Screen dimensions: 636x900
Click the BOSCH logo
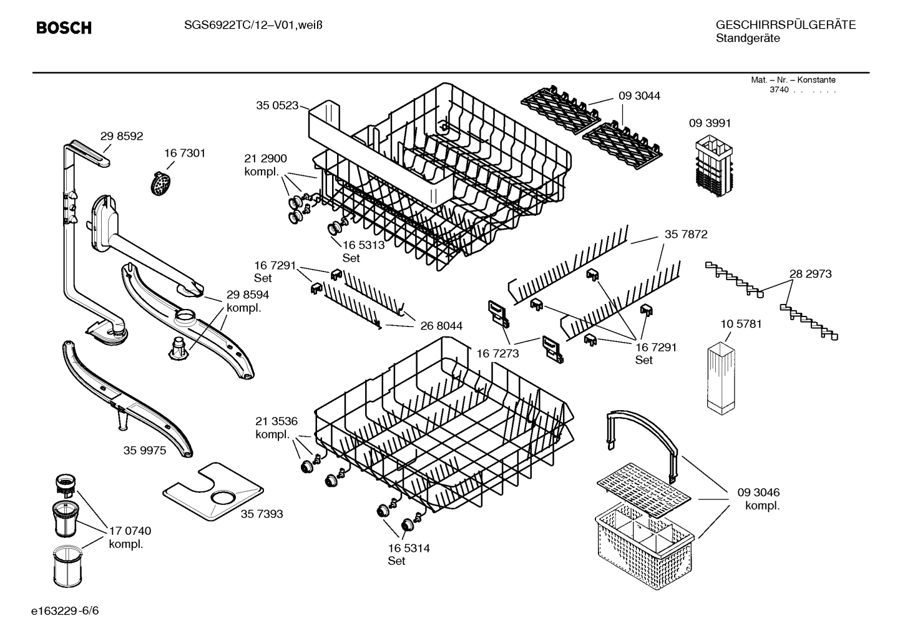pyautogui.click(x=64, y=28)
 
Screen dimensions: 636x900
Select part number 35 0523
pyautogui.click(x=277, y=105)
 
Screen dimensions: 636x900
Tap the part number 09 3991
pyautogui.click(x=710, y=123)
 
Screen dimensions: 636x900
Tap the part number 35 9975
pyautogui.click(x=145, y=450)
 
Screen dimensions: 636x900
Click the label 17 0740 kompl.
pyautogui.click(x=130, y=537)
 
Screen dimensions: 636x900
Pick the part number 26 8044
pyautogui.click(x=441, y=326)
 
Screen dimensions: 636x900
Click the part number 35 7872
pyautogui.click(x=686, y=234)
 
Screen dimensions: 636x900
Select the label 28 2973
pyautogui.click(x=810, y=273)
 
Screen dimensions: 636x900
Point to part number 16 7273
pyautogui.click(x=497, y=354)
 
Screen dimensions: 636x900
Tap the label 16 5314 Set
pyautogui.click(x=408, y=554)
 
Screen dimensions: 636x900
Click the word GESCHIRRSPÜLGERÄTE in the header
pyautogui.click(x=785, y=25)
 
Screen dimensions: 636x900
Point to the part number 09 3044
pyautogui.click(x=639, y=95)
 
